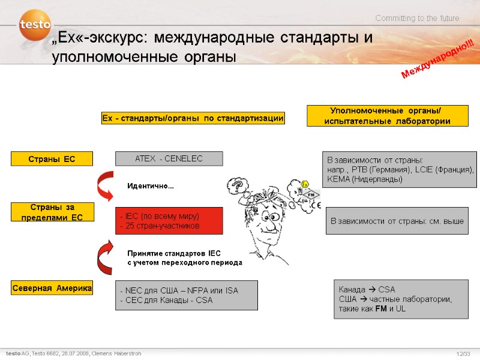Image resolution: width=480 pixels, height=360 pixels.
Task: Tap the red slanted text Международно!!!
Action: [436, 58]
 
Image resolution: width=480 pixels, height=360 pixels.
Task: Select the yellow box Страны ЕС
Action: [52, 159]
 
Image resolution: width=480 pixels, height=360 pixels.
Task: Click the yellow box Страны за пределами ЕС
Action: [52, 212]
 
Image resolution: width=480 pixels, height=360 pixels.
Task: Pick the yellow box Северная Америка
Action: [52, 289]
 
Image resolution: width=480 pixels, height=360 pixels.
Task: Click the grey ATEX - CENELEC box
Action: [169, 158]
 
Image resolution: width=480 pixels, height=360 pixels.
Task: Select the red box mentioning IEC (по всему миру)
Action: [169, 221]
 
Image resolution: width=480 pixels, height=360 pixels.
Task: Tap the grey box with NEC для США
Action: [186, 295]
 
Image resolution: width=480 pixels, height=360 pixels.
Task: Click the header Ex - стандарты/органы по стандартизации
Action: [192, 118]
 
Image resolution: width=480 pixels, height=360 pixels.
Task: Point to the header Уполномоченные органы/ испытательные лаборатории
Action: [387, 115]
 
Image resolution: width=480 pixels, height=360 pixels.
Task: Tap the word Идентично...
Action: [150, 187]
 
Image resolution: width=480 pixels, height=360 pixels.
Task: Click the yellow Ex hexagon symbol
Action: [305, 184]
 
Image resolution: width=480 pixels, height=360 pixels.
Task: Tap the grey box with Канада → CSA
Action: [400, 298]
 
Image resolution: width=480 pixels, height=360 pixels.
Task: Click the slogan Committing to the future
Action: [418, 19]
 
